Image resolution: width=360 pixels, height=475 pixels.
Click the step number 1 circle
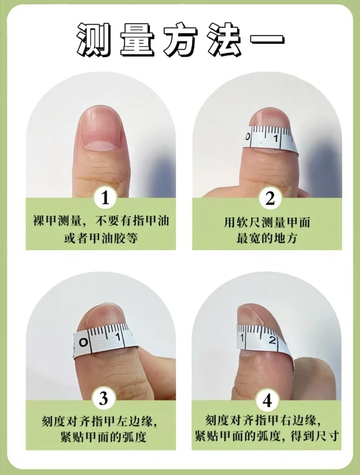105,198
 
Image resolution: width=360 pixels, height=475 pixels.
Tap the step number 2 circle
270,198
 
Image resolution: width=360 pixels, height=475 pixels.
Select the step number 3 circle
103,398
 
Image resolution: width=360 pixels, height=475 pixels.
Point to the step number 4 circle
267,401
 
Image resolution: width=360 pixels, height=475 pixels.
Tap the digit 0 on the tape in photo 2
248,137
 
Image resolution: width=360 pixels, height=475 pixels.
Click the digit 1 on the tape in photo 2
276,139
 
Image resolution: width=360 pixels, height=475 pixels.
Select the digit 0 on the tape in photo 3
84,342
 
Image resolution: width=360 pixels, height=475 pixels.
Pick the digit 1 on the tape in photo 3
118,336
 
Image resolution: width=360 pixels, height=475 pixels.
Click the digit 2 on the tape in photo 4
272,340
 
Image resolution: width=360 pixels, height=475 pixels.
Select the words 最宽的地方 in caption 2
267,238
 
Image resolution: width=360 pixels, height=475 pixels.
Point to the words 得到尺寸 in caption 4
314,437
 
